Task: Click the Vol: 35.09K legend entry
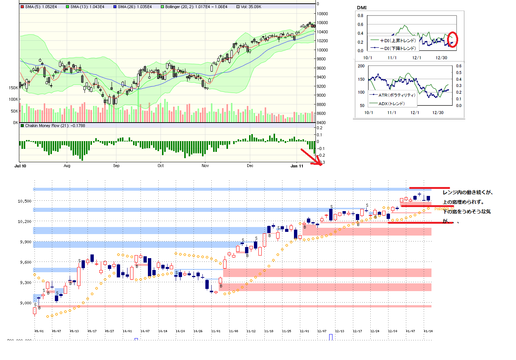coord(251,7)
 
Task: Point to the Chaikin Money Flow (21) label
coord(55,126)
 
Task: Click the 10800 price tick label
coord(322,14)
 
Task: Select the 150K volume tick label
coord(13,88)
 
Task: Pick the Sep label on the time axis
coord(116,166)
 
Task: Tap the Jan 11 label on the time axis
coord(297,166)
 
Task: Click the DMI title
coord(362,7)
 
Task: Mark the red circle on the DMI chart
coord(452,40)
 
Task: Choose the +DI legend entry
coord(397,41)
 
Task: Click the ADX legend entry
coord(391,104)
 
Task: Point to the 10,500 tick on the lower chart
coord(24,201)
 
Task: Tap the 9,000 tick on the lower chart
coord(26,303)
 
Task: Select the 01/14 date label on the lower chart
coord(428,331)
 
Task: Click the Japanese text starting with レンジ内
coord(467,192)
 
